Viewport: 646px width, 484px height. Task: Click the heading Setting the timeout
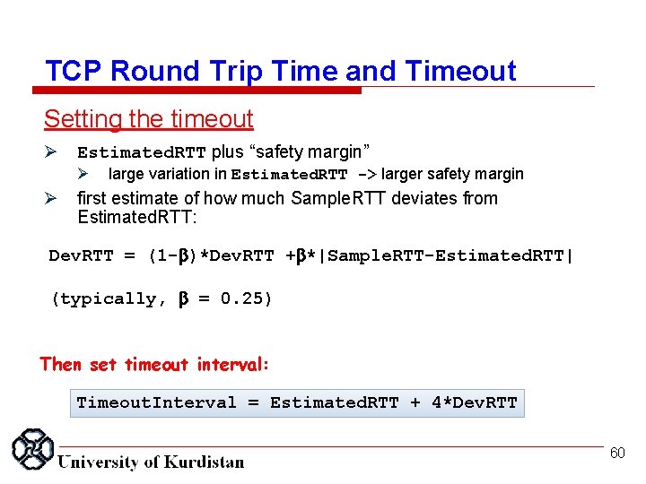point(149,118)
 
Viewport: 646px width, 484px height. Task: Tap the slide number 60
point(616,454)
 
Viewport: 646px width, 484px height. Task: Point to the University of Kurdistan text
point(151,462)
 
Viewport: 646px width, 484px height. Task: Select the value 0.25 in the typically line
point(246,299)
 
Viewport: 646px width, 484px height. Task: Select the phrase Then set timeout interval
point(153,364)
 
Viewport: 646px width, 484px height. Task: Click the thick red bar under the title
point(196,90)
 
